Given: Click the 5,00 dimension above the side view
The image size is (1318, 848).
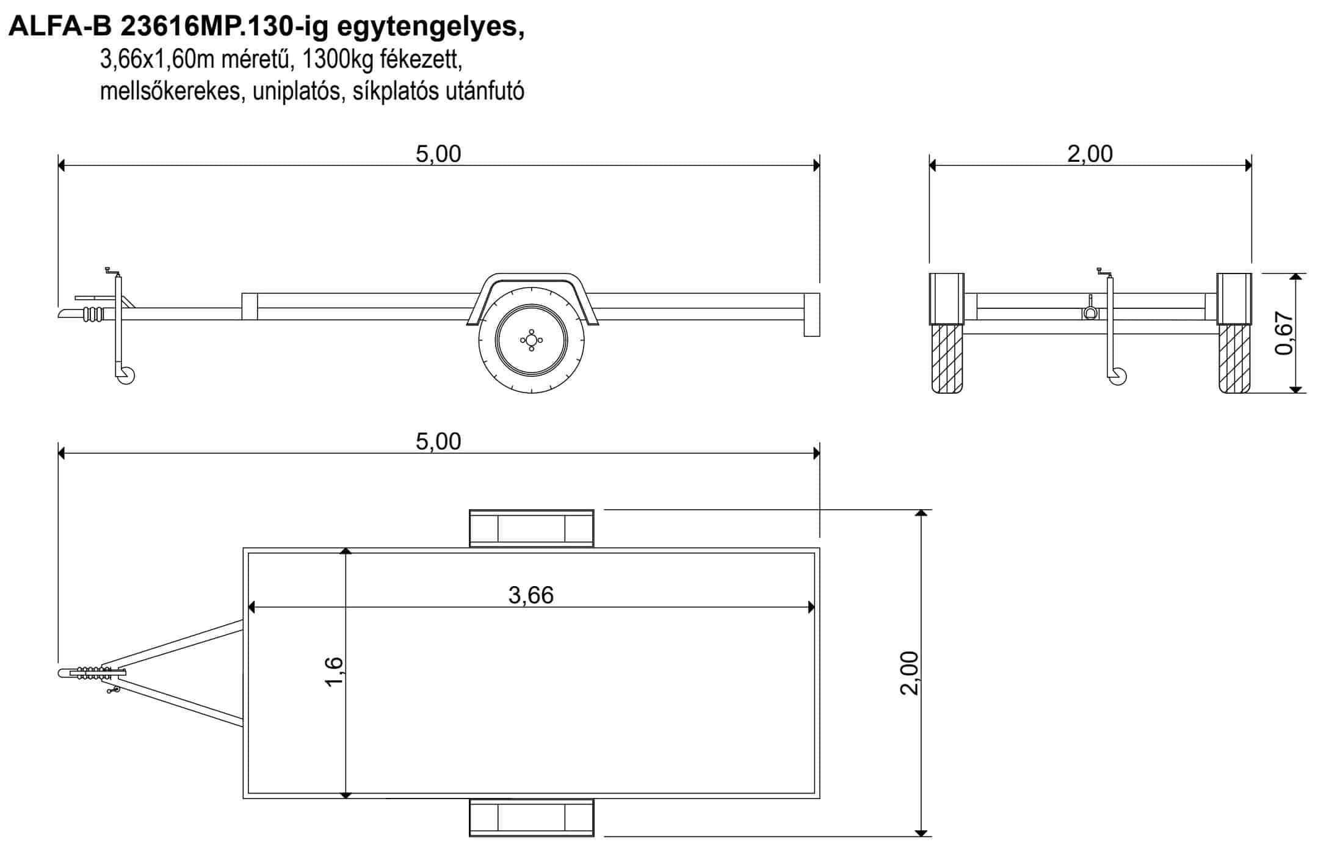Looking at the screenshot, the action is point(438,154).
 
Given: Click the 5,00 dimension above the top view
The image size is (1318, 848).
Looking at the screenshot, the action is point(438,441).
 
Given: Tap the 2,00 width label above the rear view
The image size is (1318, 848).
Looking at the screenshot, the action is point(1090,154).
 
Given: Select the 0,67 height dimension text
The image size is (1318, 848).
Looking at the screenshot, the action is point(1284,333).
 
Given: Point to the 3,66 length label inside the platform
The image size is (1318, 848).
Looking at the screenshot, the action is point(530,595).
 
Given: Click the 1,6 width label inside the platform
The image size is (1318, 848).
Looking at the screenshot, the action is point(335,672).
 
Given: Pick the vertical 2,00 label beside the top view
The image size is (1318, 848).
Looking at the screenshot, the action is point(909,673).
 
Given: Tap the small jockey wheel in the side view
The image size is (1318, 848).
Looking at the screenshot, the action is point(126,375).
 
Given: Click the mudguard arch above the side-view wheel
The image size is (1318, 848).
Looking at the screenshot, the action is point(532,277).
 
